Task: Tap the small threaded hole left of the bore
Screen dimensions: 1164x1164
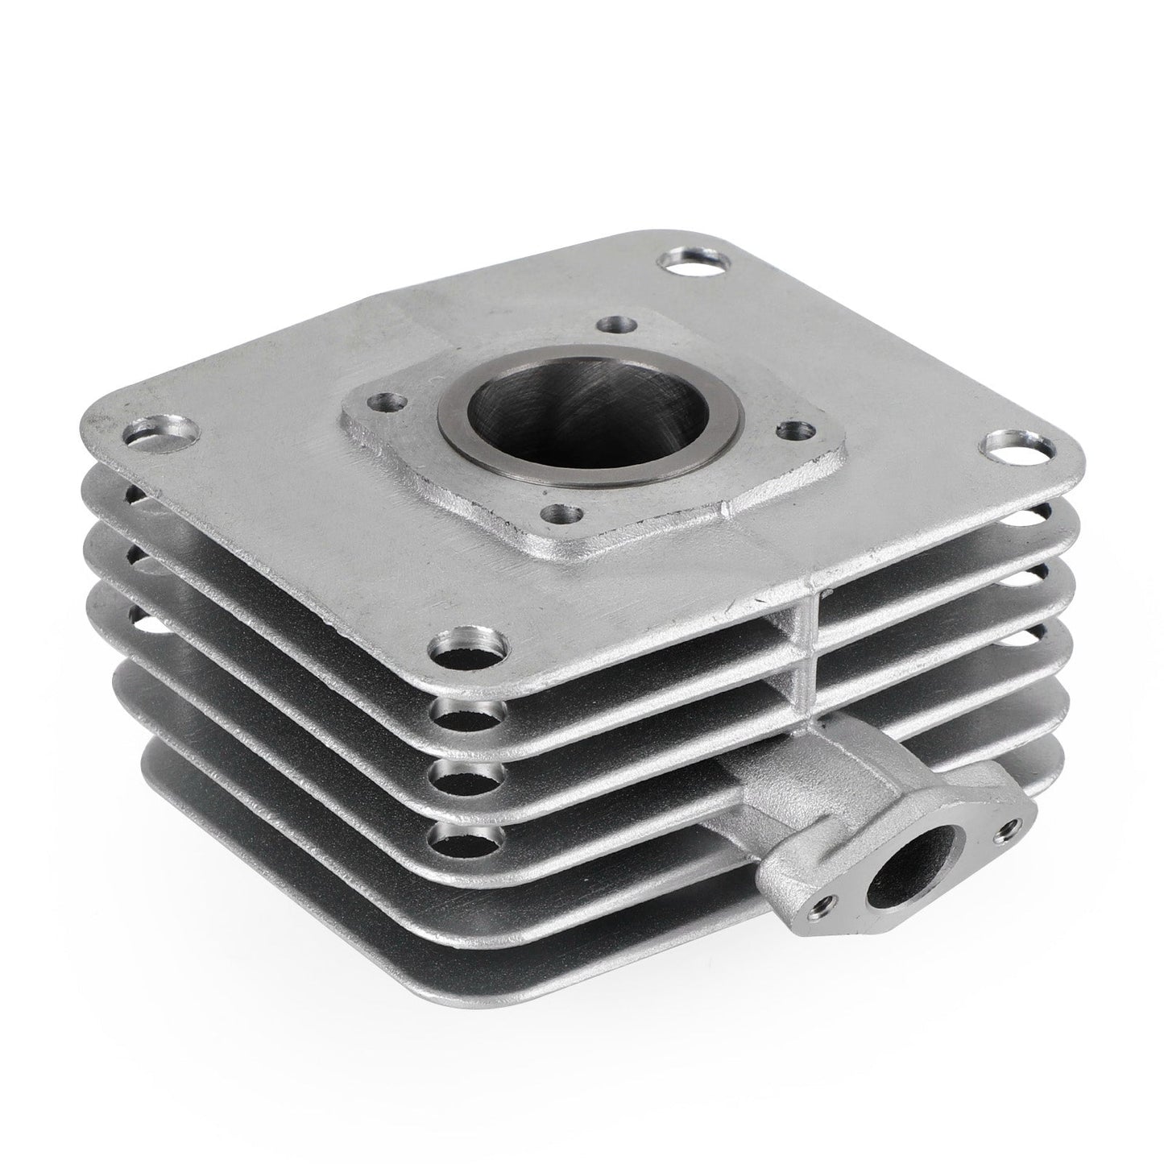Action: [x=387, y=400]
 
